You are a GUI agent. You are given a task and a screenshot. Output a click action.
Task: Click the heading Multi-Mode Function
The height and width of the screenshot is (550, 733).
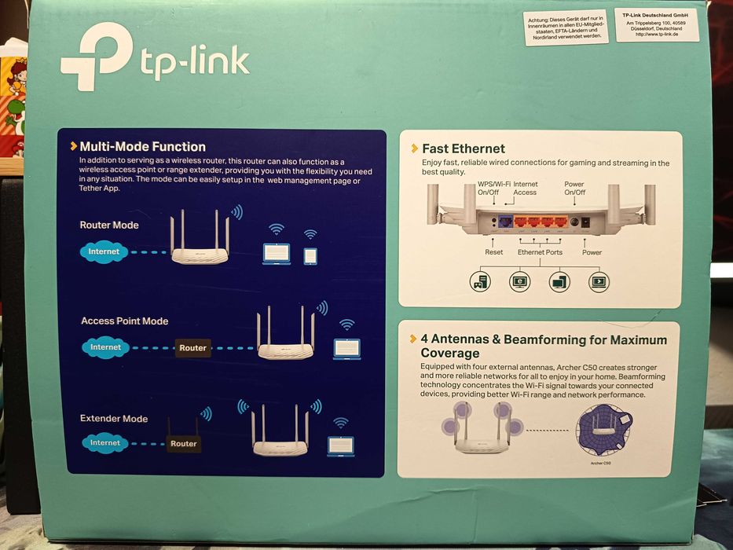tap(142, 147)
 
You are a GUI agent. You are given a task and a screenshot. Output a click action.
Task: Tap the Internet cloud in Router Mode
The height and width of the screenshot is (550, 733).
tap(104, 252)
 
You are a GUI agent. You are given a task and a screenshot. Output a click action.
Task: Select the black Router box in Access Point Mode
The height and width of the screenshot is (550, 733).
tap(192, 348)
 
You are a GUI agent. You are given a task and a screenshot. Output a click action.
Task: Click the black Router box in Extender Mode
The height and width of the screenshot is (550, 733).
tap(183, 444)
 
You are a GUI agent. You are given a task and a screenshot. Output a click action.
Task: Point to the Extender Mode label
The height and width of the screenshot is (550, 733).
tap(114, 419)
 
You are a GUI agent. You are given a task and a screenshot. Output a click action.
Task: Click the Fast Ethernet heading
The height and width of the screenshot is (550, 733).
tap(463, 148)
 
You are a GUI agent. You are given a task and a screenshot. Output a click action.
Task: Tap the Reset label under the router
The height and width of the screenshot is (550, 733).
tap(493, 252)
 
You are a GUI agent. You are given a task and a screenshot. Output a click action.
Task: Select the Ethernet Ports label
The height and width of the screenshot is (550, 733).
tap(540, 252)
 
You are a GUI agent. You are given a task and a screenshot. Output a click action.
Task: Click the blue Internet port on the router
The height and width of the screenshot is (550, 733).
tap(506, 222)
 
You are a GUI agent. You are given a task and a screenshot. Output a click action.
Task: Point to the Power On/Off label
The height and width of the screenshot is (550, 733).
tap(574, 189)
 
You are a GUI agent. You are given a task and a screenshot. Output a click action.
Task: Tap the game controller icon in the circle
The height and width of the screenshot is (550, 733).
tap(480, 280)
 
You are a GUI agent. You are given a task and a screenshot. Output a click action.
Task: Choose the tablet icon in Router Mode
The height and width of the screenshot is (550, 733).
tap(310, 255)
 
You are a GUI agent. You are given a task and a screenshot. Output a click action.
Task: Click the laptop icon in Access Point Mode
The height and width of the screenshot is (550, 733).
tap(346, 348)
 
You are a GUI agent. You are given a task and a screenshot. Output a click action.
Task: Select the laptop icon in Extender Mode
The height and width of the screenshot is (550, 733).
tap(340, 445)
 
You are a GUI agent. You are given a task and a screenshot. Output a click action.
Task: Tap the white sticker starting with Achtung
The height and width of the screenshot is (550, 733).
tap(566, 27)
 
